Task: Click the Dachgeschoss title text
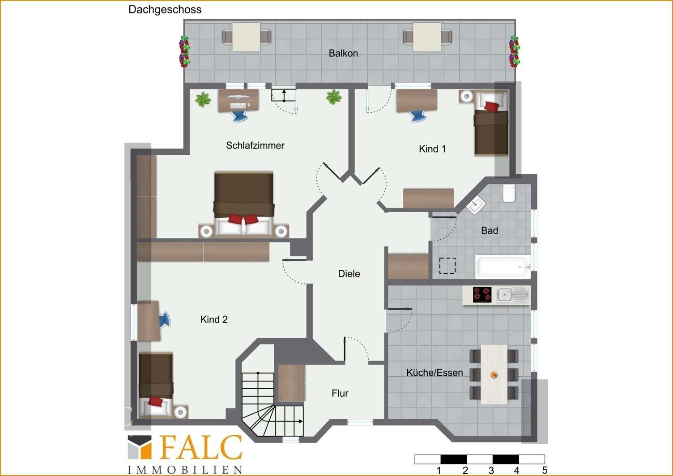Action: click(x=165, y=10)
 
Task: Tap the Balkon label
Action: click(x=343, y=53)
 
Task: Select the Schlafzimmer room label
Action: click(x=255, y=146)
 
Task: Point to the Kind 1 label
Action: click(x=432, y=149)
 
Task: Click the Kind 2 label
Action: click(x=214, y=319)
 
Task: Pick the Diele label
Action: click(x=349, y=274)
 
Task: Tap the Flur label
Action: click(x=340, y=393)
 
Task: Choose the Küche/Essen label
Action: click(x=434, y=373)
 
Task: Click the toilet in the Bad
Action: click(x=509, y=193)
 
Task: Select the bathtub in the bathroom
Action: click(x=503, y=266)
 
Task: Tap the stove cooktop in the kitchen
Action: click(x=482, y=294)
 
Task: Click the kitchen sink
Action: click(x=512, y=294)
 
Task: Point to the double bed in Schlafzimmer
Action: click(x=244, y=204)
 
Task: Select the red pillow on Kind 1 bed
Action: click(x=491, y=106)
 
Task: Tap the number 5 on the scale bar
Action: click(x=545, y=470)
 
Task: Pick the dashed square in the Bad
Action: click(x=447, y=266)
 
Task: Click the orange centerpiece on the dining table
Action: click(x=494, y=375)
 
